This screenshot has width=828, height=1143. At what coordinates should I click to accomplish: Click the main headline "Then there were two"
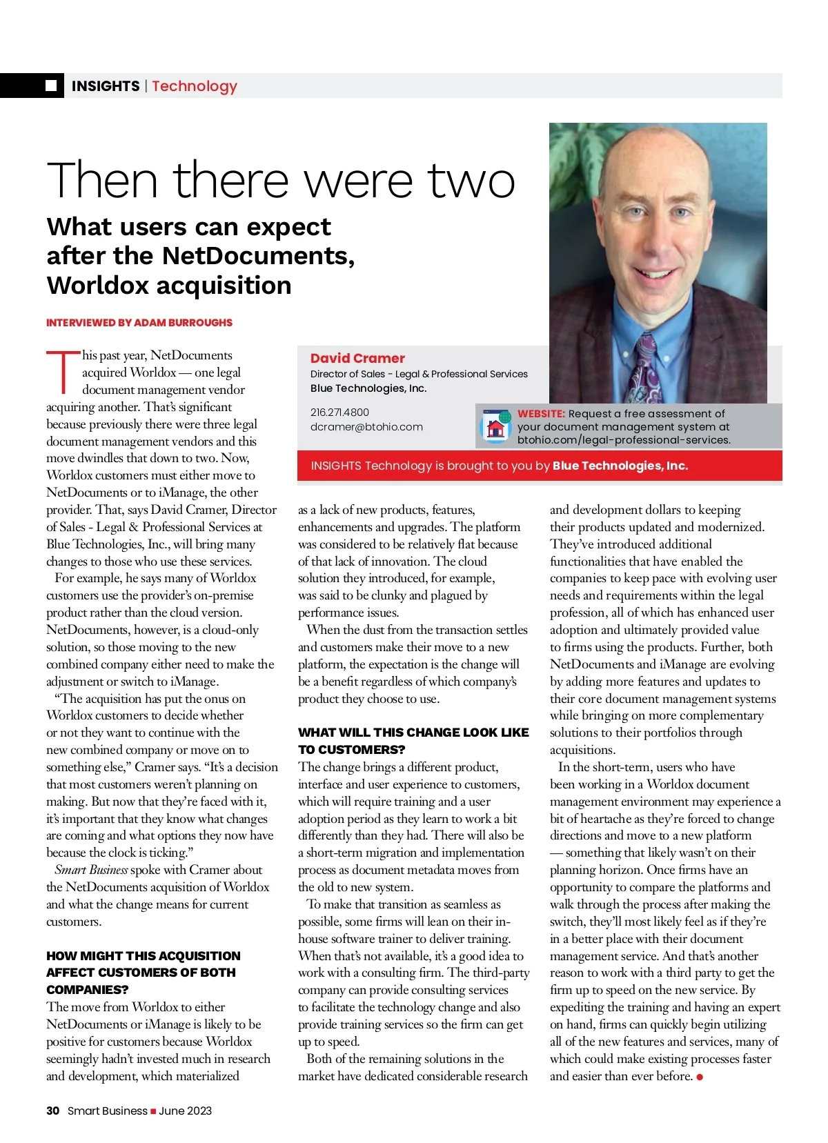pos(281,181)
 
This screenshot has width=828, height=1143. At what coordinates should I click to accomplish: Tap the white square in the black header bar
pos(51,86)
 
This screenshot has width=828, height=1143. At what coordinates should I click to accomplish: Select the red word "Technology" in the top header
pos(195,86)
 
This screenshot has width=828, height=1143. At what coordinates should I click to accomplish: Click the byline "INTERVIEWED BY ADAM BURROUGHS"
pos(139,322)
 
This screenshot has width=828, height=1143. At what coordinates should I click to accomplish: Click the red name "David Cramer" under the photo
pos(357,358)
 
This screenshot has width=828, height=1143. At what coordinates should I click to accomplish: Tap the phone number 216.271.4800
pos(339,412)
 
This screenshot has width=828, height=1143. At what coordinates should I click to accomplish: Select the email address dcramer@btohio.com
pos(366,426)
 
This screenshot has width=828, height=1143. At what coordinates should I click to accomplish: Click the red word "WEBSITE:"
pos(541,413)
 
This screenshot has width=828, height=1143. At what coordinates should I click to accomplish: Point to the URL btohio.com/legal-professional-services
pos(624,439)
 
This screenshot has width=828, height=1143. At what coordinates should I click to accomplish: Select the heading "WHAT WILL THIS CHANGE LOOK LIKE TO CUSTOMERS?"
pos(413,741)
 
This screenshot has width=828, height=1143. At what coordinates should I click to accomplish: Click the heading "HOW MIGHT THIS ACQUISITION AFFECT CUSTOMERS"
pos(143,972)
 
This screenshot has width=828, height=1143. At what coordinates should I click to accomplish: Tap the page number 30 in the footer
pos(52,1111)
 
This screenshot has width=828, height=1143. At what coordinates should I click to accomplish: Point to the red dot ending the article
pos(700,1077)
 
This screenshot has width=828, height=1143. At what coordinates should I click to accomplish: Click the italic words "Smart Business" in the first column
pos(91,870)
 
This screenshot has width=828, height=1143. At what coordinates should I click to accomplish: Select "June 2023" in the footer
pos(185,1111)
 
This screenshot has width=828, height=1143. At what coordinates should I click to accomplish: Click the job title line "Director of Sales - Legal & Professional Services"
pos(419,374)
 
